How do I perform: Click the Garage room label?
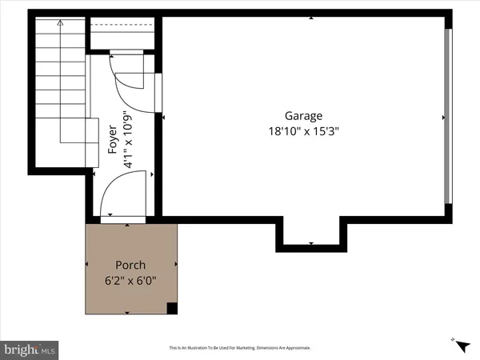(x=306, y=116)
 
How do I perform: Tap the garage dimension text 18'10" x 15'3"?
(x=306, y=133)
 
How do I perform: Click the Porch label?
(x=130, y=265)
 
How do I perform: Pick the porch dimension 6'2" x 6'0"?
(x=130, y=281)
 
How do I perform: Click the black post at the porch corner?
(x=171, y=309)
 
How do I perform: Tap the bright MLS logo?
(x=30, y=349)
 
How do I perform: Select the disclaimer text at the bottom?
(x=239, y=348)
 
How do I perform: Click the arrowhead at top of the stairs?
(x=60, y=26)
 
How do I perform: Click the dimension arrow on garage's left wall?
(x=164, y=118)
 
